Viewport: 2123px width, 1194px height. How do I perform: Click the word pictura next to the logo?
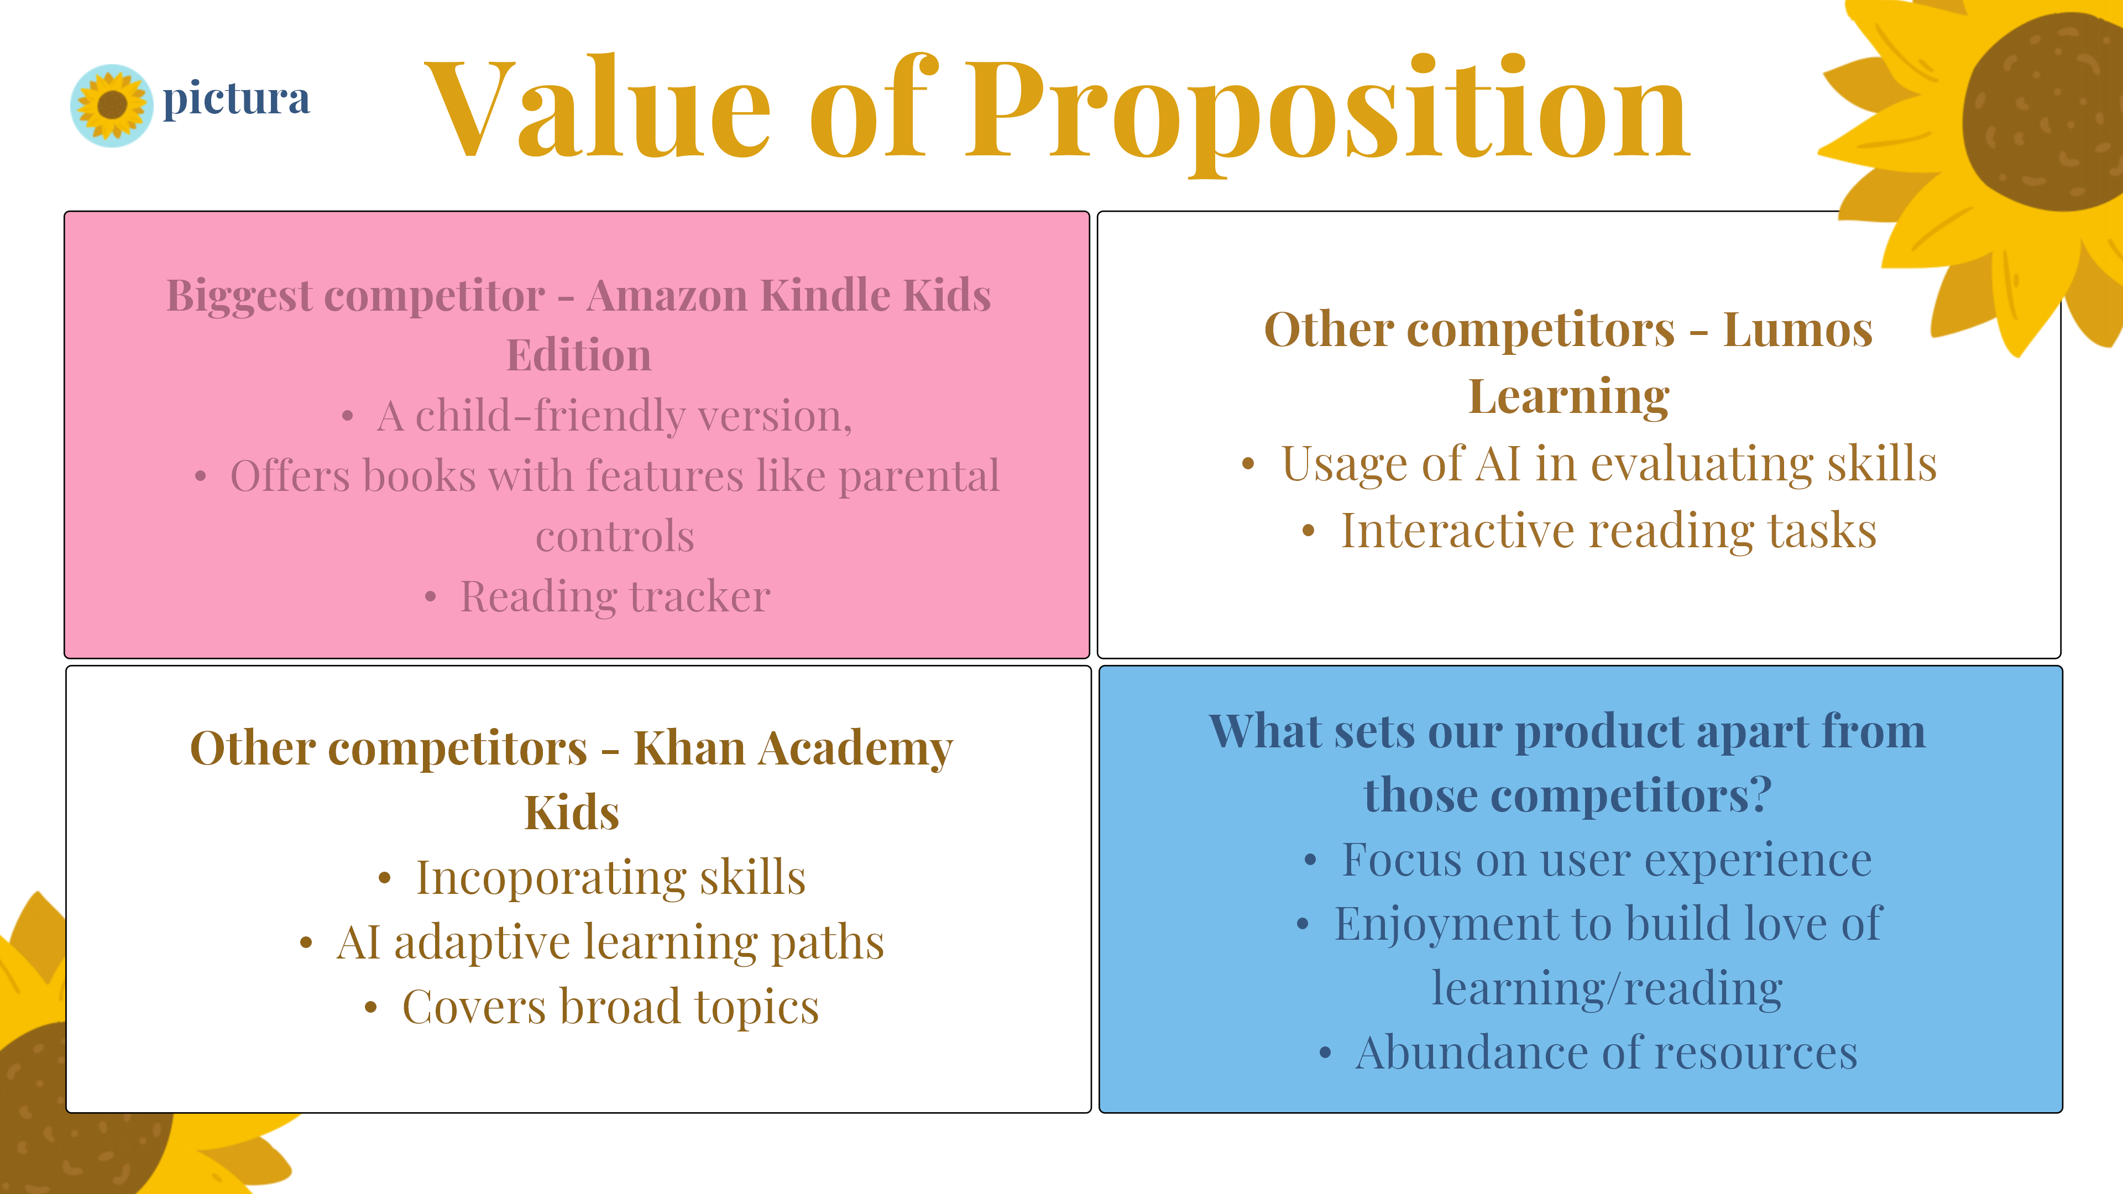click(237, 99)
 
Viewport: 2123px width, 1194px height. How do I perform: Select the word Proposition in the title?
click(1327, 114)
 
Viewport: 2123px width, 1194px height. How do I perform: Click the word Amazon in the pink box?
click(667, 295)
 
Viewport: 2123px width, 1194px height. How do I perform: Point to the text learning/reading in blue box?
click(1607, 988)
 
